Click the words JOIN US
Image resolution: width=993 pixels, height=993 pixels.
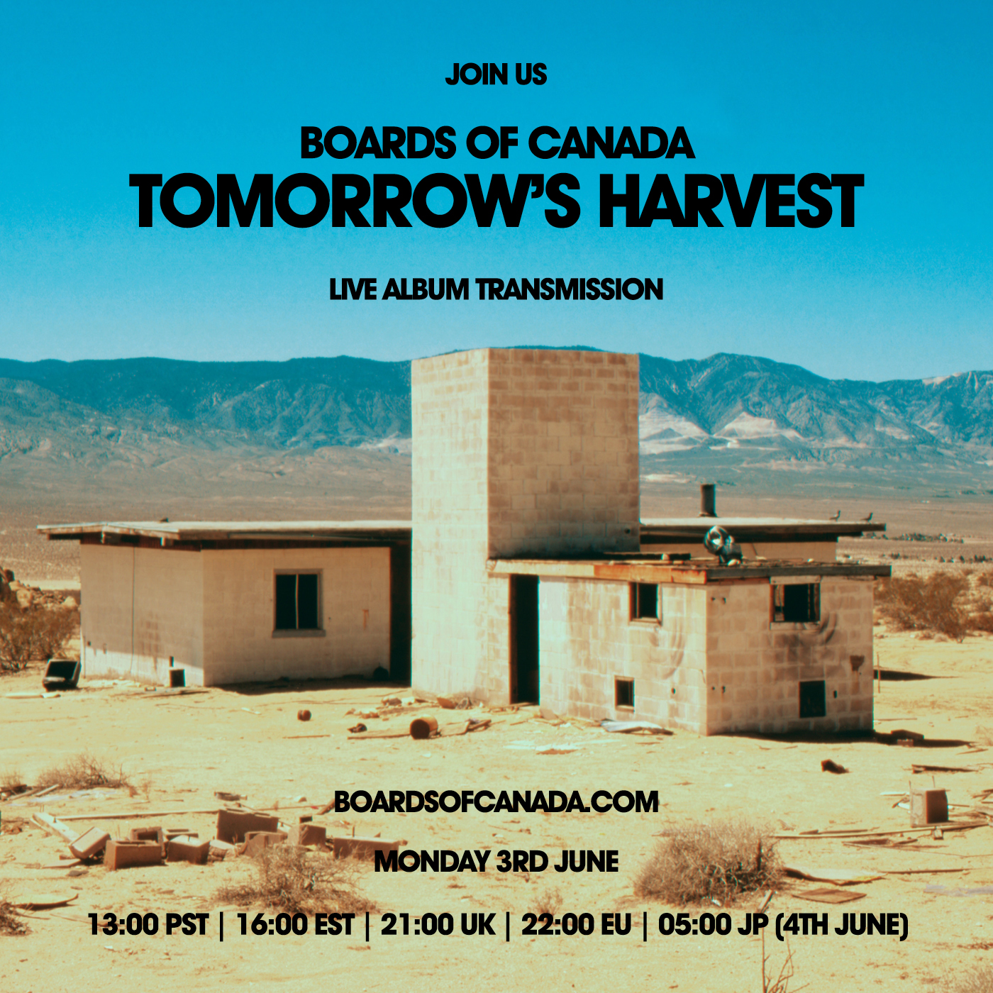[x=496, y=74]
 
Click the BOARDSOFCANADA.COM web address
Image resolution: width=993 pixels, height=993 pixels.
[x=496, y=801]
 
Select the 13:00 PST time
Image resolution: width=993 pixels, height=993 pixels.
[x=148, y=924]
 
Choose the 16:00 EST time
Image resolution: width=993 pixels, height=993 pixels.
[x=295, y=924]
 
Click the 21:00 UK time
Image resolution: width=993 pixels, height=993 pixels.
[x=438, y=924]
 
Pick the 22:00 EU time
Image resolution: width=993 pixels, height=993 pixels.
[x=576, y=924]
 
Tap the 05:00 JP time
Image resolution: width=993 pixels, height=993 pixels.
[x=714, y=924]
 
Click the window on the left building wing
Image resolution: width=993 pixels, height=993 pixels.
[x=296, y=602]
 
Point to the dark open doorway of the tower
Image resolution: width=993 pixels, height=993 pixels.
[x=525, y=639]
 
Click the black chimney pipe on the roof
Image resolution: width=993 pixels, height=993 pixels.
[x=708, y=499]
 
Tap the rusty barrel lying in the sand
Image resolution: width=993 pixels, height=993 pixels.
[x=423, y=727]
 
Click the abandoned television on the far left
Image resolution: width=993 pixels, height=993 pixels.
[x=61, y=675]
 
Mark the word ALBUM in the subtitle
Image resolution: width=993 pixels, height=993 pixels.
[x=426, y=289]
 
